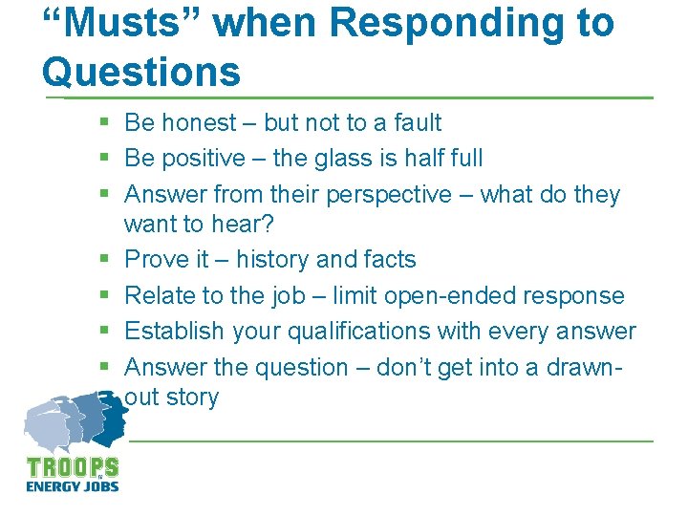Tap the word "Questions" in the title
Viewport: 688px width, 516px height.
[141, 71]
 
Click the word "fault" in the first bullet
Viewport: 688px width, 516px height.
[417, 122]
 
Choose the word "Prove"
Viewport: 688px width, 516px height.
[157, 259]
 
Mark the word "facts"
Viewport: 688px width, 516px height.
[389, 259]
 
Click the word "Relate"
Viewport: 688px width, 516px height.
[161, 295]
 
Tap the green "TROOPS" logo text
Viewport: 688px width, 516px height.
[73, 468]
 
